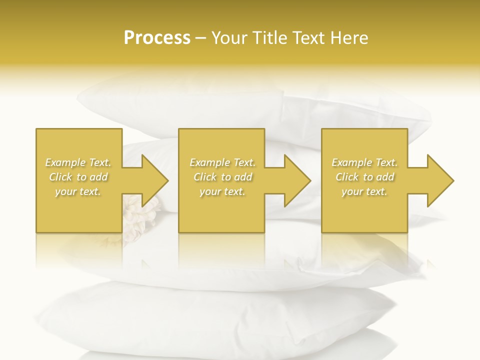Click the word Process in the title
157,38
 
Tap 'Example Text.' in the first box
78,162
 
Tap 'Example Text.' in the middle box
222,162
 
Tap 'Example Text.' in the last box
364,162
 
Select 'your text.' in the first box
78,191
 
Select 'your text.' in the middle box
222,191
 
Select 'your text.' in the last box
364,191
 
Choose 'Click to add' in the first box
78,177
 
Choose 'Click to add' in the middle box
222,177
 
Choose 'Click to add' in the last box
364,177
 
